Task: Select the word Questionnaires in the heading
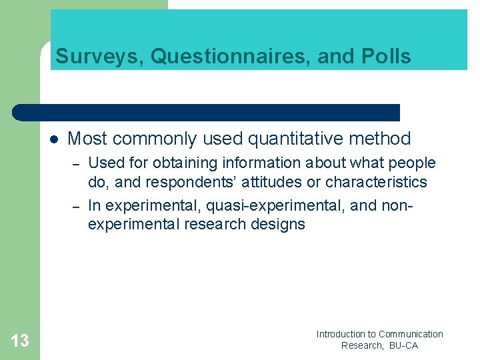pyautogui.click(x=231, y=57)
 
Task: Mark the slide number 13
pyautogui.click(x=20, y=341)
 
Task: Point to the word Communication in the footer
pyautogui.click(x=411, y=334)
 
